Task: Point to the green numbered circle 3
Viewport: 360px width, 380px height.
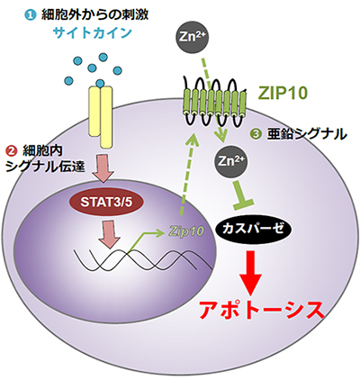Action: tap(253, 135)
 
